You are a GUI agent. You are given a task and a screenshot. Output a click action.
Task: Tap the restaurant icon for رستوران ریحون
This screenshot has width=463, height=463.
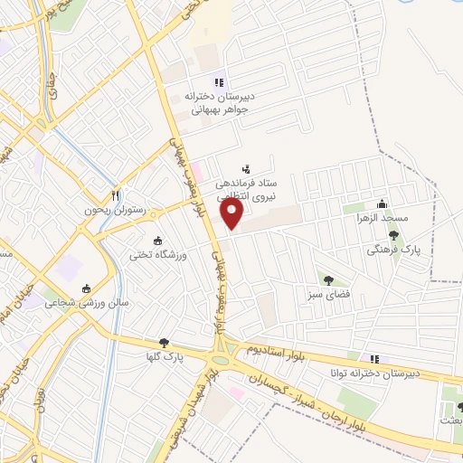(115, 194)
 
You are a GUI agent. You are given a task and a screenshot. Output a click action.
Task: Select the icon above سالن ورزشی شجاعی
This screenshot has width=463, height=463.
(87, 288)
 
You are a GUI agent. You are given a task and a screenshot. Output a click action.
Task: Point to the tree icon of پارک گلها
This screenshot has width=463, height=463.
(164, 343)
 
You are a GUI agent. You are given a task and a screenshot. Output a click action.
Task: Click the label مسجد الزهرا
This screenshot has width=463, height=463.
(382, 218)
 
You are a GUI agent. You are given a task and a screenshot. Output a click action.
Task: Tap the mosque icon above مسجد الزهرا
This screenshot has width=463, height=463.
(382, 203)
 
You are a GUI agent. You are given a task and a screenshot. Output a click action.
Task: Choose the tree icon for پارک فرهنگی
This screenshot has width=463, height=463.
(392, 235)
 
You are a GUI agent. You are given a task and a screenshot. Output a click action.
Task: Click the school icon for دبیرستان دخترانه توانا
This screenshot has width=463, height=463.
(364, 359)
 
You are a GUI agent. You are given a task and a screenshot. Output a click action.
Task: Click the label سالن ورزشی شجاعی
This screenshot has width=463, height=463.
(88, 304)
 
